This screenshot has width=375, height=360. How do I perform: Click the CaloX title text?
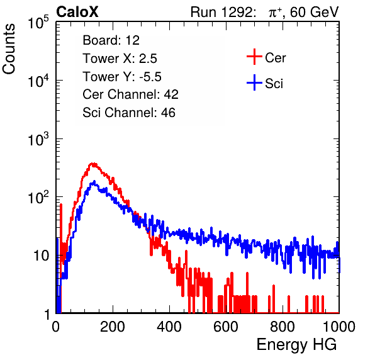(x=77, y=12)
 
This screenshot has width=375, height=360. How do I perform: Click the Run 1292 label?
(x=221, y=12)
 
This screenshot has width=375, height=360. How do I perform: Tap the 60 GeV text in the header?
(x=314, y=12)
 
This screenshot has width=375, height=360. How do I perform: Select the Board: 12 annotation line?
(x=111, y=40)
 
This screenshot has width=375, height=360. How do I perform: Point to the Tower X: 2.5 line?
(x=120, y=59)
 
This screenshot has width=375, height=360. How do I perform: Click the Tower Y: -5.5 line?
(x=122, y=77)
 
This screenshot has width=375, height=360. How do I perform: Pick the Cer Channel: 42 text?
(x=131, y=94)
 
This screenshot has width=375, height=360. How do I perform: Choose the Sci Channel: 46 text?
(x=129, y=113)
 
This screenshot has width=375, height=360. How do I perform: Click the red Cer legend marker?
(x=254, y=57)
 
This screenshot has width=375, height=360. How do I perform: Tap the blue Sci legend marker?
(x=254, y=83)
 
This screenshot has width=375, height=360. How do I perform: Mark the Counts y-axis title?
(x=9, y=49)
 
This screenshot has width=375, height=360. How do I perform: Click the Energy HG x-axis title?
(x=296, y=345)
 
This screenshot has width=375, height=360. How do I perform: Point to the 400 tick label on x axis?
(x=169, y=327)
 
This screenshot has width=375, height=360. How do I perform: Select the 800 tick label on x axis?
(x=283, y=327)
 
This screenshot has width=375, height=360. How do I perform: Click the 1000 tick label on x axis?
(x=339, y=327)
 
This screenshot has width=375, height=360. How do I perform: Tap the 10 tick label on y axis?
(x=42, y=256)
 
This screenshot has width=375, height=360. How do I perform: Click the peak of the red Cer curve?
(x=93, y=164)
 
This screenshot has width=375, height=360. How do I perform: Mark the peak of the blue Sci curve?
(x=94, y=181)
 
